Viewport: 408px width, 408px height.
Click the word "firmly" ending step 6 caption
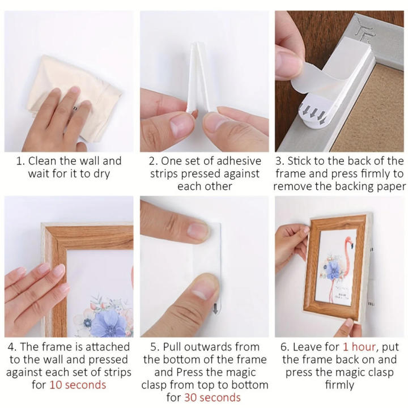click(x=339, y=385)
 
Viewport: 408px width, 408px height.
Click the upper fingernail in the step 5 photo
click(x=196, y=230)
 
